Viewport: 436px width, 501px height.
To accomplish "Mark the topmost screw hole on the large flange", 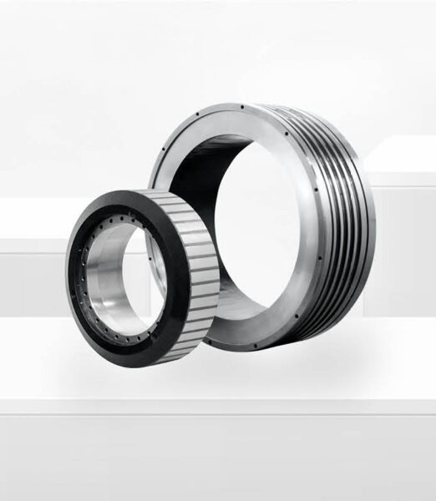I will [x=243, y=108].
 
